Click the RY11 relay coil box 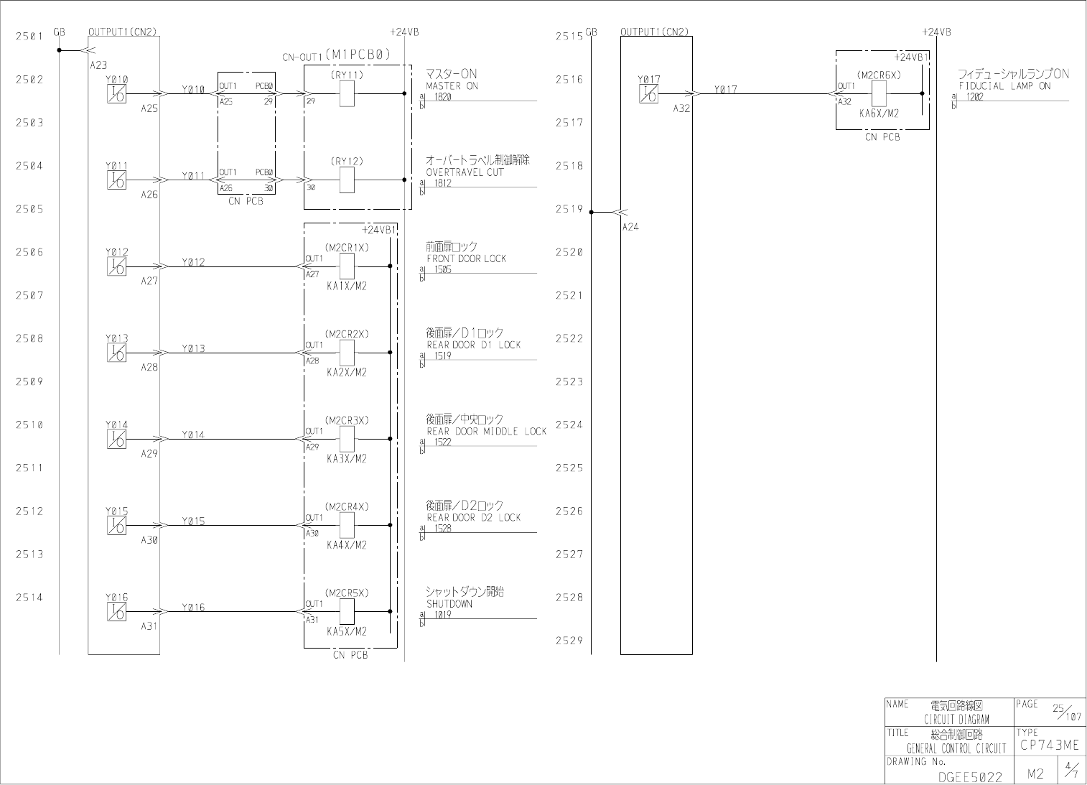click(347, 94)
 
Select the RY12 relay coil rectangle click(347, 180)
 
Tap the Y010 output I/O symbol click(116, 93)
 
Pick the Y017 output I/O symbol click(648, 93)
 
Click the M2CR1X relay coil click(347, 266)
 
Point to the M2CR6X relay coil click(879, 93)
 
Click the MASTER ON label click(452, 86)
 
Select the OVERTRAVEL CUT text click(465, 172)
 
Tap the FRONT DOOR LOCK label click(466, 259)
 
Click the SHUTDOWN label click(449, 604)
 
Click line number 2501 click(29, 36)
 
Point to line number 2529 click(569, 641)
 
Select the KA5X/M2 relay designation click(347, 631)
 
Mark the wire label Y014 click(193, 435)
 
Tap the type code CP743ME click(1049, 745)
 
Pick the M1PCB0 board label click(358, 54)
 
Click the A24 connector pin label click(630, 227)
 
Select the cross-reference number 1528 click(443, 529)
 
